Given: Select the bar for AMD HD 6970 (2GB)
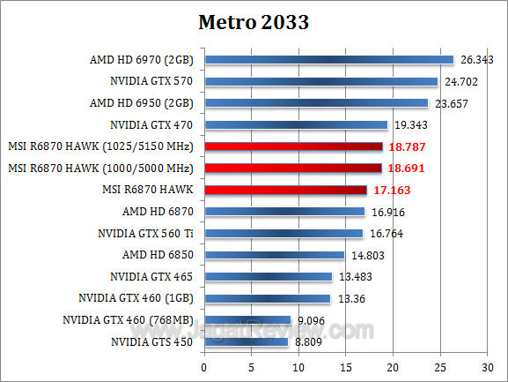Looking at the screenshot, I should (328, 60).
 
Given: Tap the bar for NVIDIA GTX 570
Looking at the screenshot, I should (320, 82).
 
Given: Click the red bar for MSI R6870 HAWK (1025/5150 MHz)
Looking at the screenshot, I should (293, 146).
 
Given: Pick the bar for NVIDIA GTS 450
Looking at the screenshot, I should (246, 341).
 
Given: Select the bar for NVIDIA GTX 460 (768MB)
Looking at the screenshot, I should (247, 319).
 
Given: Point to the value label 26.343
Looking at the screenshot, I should (477, 60).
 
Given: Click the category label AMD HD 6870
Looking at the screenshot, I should (160, 212).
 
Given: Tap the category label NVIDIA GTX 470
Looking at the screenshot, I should (153, 125).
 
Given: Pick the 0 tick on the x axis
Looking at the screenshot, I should (204, 365).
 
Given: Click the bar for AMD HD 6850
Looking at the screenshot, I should (274, 255).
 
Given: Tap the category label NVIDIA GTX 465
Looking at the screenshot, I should (153, 276).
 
